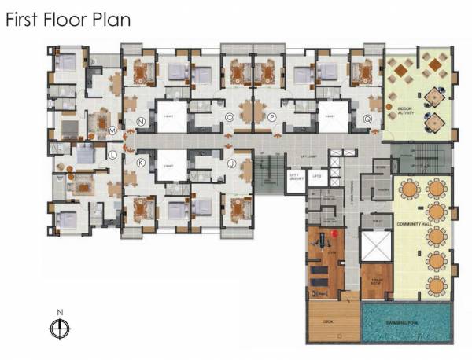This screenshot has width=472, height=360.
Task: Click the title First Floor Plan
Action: [68, 20]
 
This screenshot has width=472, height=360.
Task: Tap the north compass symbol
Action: [59, 329]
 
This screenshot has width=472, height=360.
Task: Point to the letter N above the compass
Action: [59, 312]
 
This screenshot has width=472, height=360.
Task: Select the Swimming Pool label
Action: [407, 323]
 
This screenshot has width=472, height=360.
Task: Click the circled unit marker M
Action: [112, 130]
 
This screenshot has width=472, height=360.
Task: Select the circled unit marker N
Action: [141, 122]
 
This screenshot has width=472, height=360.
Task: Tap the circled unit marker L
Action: [112, 155]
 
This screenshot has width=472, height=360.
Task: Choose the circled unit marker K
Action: [141, 163]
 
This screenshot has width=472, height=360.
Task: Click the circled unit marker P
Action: [271, 118]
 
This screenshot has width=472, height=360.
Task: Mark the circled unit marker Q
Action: [367, 119]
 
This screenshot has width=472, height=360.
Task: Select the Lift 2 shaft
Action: [316, 178]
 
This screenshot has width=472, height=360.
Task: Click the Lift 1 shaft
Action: [296, 178]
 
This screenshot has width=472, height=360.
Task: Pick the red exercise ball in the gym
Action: [335, 233]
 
